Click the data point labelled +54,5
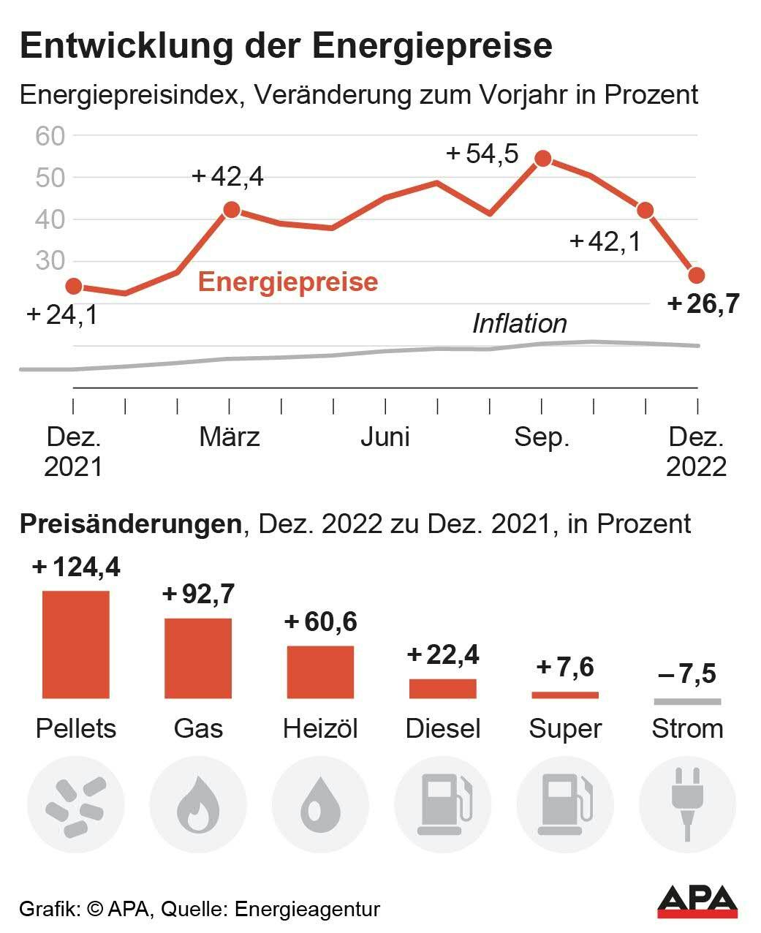click(x=542, y=159)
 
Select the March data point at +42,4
click(x=231, y=210)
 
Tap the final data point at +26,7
click(x=697, y=275)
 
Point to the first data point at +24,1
click(x=74, y=286)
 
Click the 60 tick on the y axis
click(x=50, y=136)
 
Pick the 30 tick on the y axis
click(x=50, y=261)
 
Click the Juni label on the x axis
click(x=385, y=437)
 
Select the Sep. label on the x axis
click(x=542, y=437)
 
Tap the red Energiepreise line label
click(x=288, y=282)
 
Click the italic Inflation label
click(x=519, y=323)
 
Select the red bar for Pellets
click(x=76, y=644)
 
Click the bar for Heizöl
click(x=320, y=672)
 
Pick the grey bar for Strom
click(x=687, y=702)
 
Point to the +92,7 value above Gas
click(x=199, y=594)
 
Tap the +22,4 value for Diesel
click(x=443, y=654)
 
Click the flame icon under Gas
click(x=198, y=805)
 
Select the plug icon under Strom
click(x=687, y=804)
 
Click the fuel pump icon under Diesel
click(x=443, y=805)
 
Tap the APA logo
click(x=697, y=902)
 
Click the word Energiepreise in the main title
click(x=433, y=45)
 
